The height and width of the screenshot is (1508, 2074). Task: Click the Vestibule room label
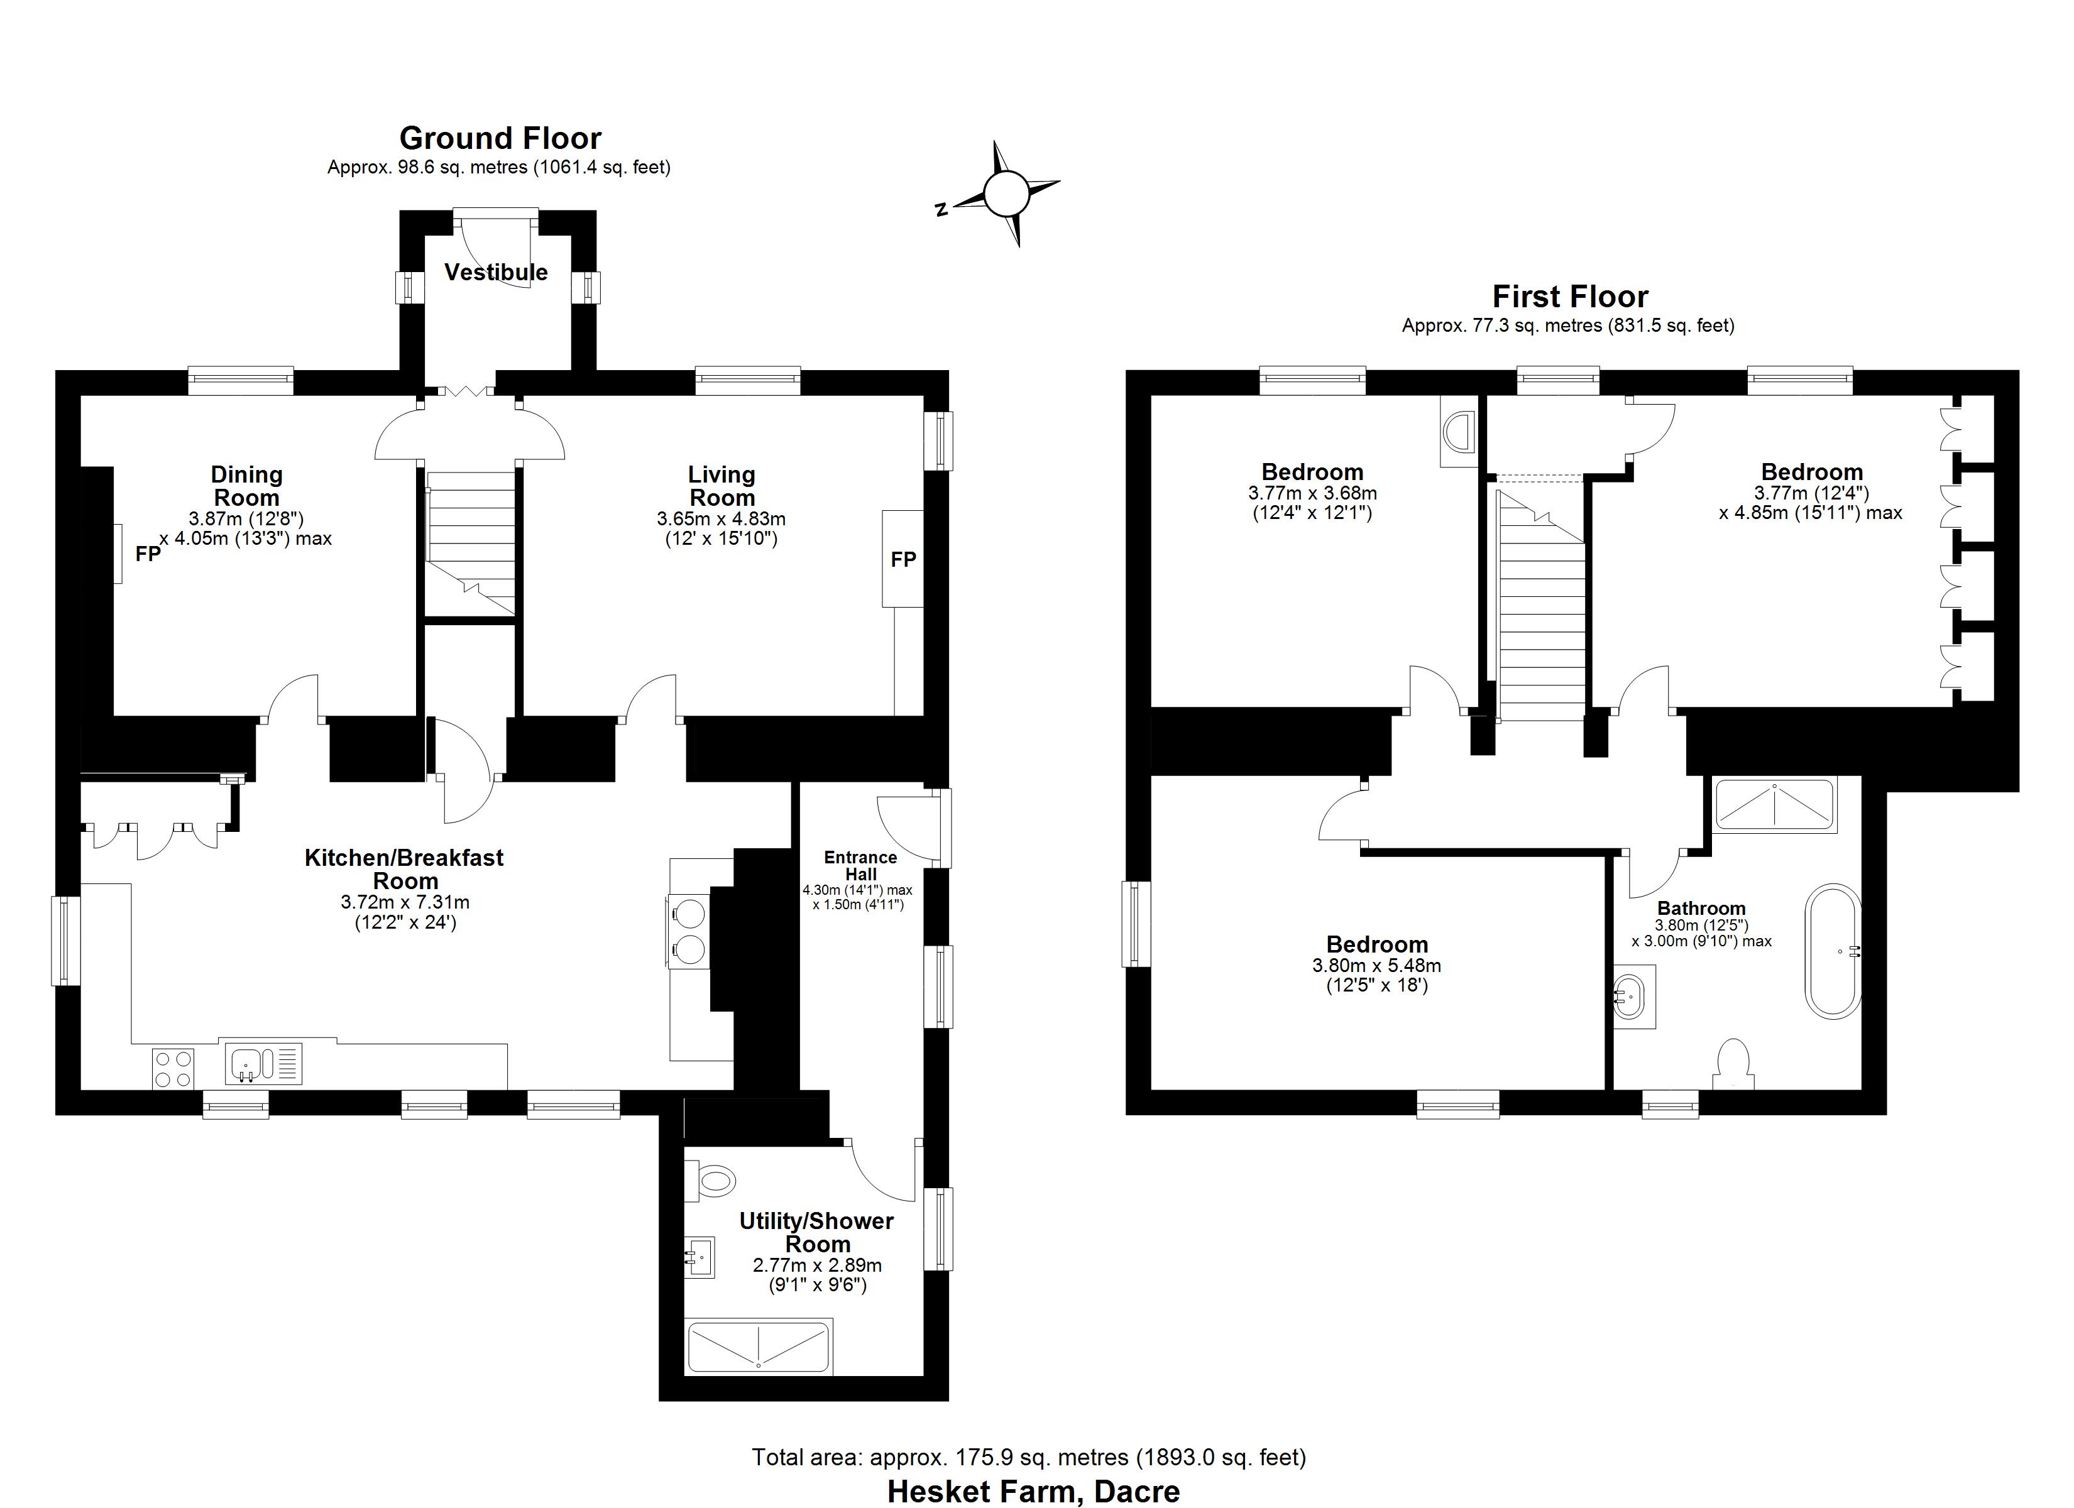coord(496,273)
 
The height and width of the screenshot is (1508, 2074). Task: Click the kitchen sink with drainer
coord(263,1064)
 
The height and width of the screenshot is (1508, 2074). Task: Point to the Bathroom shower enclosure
coord(1774,805)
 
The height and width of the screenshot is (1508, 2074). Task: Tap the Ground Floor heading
coord(500,139)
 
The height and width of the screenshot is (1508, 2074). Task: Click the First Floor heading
coord(1569,297)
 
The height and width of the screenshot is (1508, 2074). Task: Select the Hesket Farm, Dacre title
coord(1033,1490)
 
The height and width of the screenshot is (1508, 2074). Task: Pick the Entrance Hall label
coord(860,865)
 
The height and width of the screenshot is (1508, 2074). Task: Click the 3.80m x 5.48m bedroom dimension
coord(1376,966)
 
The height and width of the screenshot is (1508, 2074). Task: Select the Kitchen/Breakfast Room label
coord(404,870)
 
